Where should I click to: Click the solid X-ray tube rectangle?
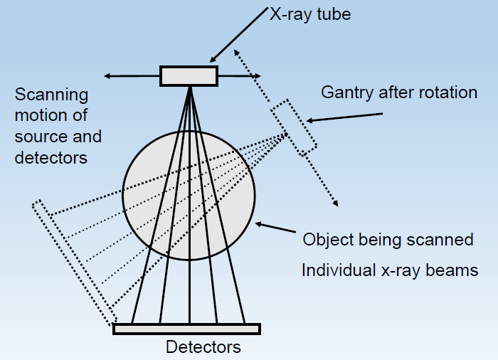tap(189, 75)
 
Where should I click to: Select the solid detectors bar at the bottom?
tap(187, 329)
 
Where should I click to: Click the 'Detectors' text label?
tap(203, 347)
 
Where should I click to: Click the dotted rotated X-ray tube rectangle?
tap(293, 127)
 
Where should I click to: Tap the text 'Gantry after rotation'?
tap(399, 92)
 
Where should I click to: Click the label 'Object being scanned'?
tap(388, 239)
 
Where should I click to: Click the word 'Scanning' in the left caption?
tap(51, 95)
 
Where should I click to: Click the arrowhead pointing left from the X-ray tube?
tap(106, 75)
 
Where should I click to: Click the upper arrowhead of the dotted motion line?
tap(240, 52)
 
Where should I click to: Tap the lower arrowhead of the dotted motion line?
tap(335, 204)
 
